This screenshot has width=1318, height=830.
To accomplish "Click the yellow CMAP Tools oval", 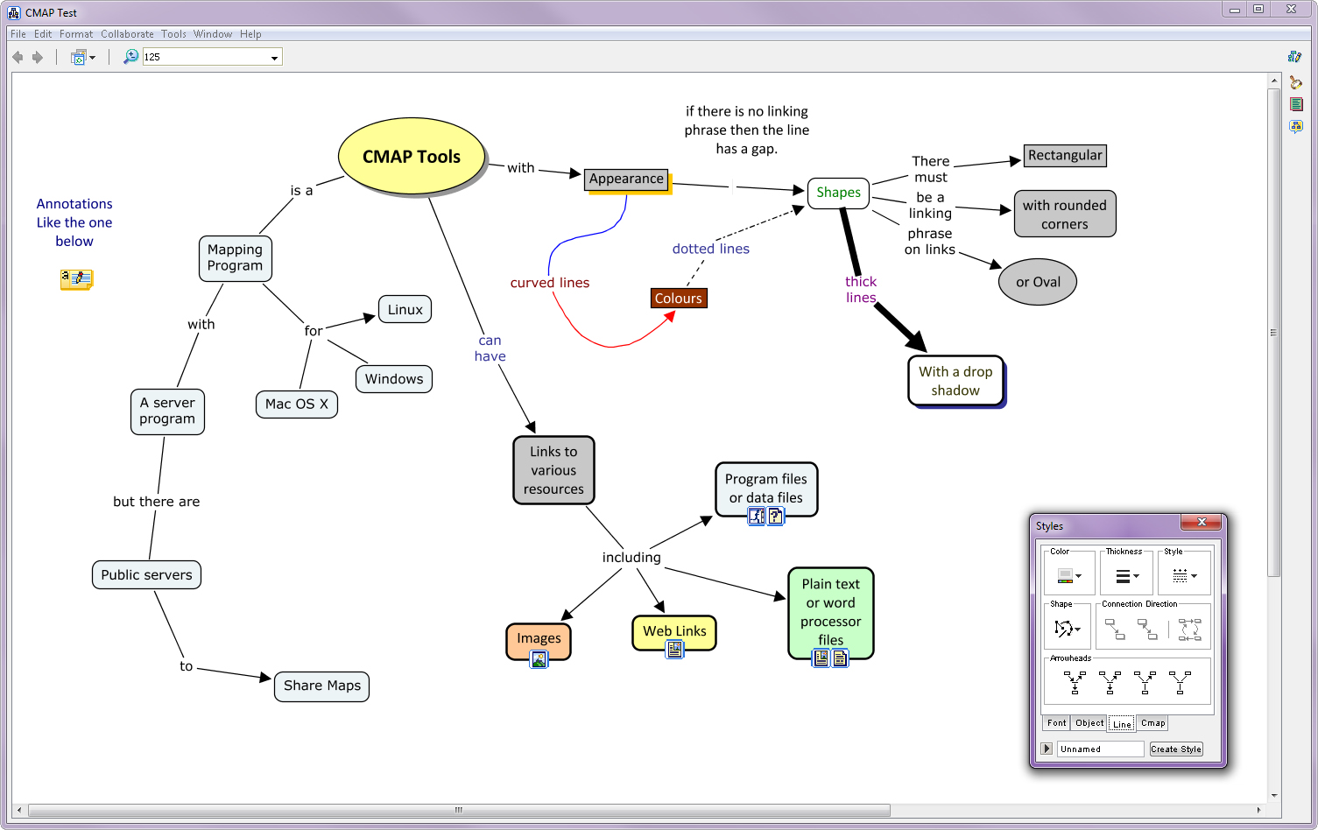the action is point(412,156).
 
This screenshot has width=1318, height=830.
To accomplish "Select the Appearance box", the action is point(626,179).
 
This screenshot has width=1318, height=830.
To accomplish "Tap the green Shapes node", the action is point(838,193).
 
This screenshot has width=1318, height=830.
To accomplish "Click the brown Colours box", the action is point(679,299).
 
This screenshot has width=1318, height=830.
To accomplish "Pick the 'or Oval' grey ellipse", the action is point(1038,282).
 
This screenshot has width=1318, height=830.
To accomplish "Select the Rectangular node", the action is point(1064,155).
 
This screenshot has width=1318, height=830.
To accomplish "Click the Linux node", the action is point(405,309).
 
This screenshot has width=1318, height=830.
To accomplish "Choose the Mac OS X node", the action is point(297,404).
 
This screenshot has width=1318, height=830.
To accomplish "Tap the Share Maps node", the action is point(322,686).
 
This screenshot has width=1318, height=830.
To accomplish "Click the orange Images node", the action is point(539,640).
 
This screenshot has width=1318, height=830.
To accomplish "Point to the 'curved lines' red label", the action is point(550,283).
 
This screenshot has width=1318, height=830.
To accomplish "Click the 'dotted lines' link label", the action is point(711,249).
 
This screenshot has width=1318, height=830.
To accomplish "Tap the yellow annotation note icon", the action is point(76,279).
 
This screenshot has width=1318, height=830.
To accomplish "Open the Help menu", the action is point(250,34).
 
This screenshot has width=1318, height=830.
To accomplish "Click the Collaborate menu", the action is point(127,34).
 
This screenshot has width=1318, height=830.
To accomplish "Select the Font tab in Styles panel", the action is point(1056,723).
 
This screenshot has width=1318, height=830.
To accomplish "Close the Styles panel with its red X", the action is point(1202,522).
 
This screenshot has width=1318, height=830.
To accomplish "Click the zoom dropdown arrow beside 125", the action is point(274,58).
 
